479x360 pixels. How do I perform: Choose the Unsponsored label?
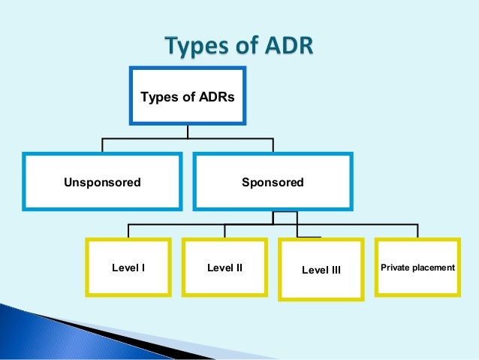coord(102,183)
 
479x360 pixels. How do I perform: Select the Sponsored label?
coord(273,183)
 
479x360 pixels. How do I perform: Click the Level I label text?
coord(128,267)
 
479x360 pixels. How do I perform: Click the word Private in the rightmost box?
coord(396,267)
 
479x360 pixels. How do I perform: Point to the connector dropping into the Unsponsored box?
coord(102,146)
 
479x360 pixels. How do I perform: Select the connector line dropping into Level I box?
coord(128,231)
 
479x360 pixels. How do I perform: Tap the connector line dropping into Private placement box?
coord(418,231)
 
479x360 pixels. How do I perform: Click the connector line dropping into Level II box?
coord(224,231)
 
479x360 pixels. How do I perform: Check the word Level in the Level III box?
coord(314,270)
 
